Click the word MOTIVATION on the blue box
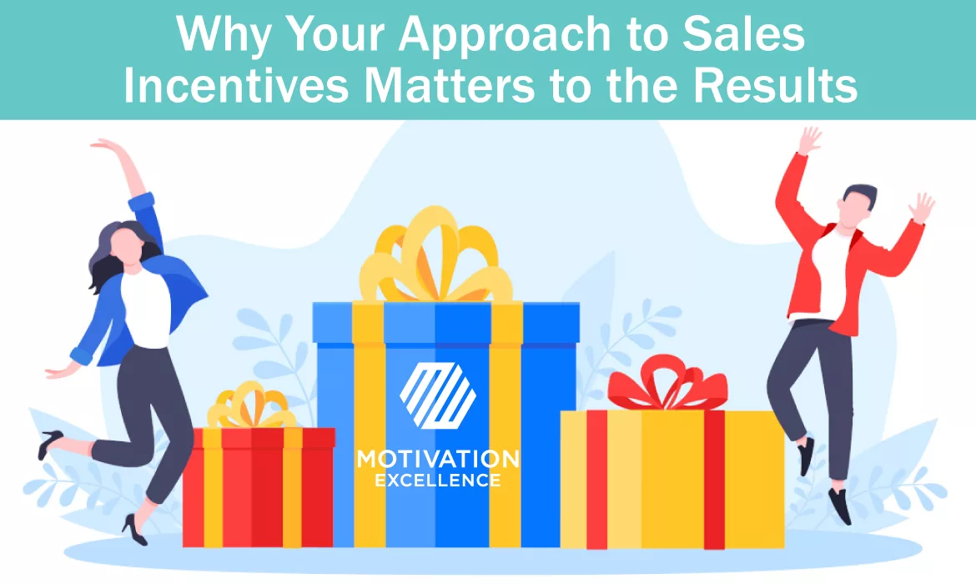coord(437,459)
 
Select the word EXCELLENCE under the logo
coord(437,481)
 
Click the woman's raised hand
coord(105,148)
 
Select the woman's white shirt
coord(145,309)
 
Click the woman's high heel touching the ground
coord(133,526)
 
